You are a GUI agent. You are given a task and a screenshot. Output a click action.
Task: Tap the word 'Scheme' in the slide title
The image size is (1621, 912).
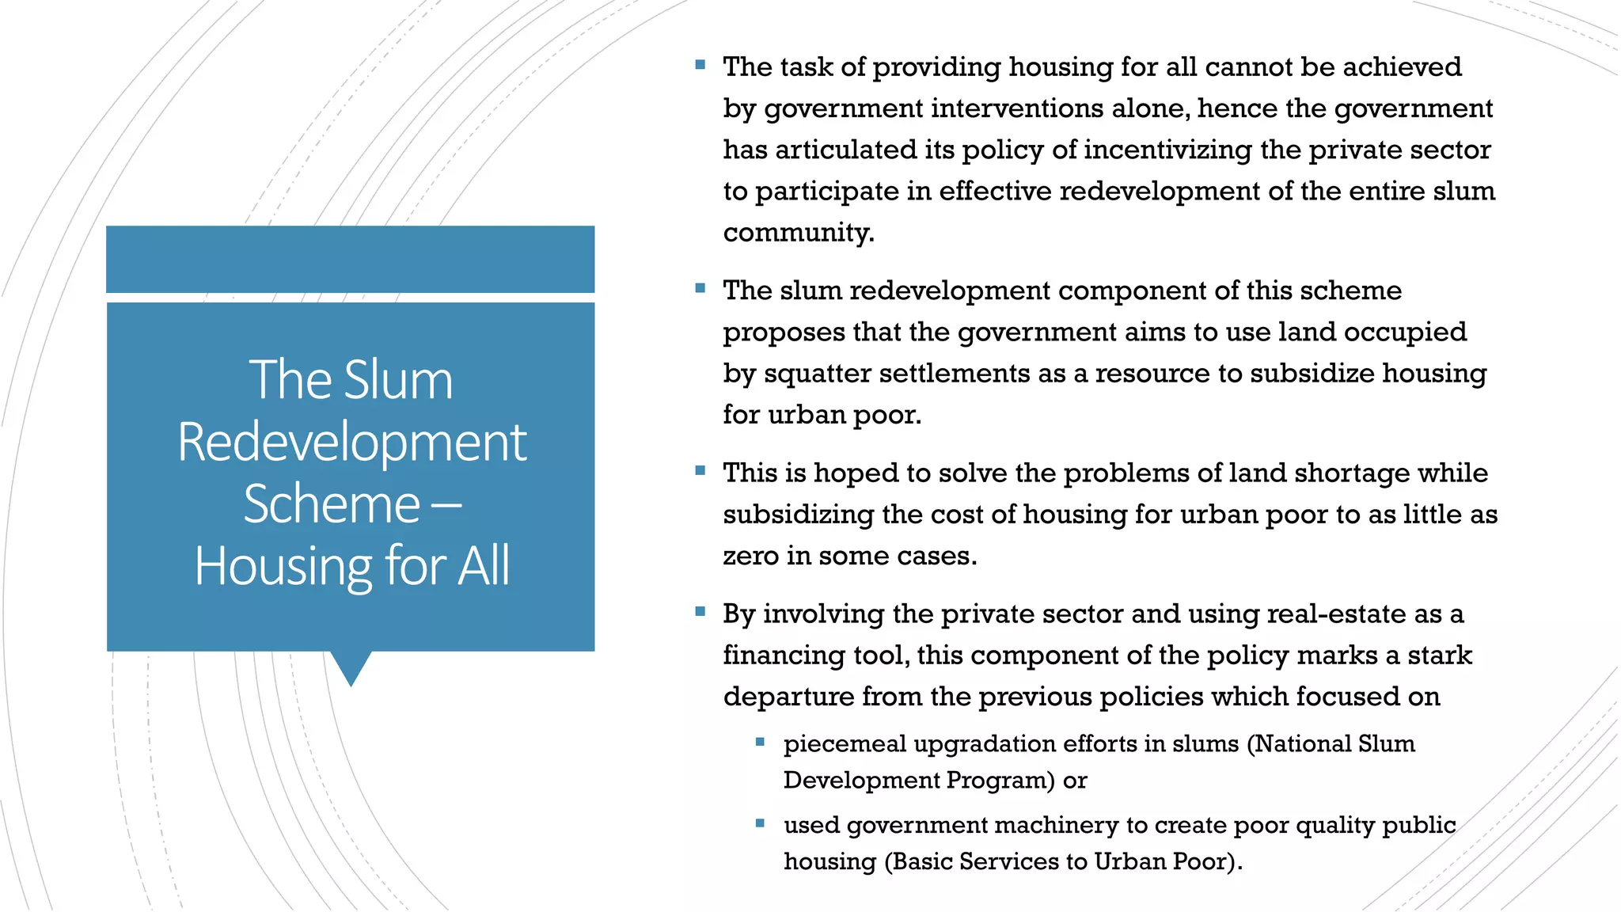332,504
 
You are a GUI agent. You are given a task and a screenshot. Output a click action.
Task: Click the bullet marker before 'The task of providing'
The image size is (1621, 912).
700,65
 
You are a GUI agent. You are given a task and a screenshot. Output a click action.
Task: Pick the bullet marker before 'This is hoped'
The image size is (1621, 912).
700,471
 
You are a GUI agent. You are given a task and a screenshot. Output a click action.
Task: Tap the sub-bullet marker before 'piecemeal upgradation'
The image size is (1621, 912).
760,742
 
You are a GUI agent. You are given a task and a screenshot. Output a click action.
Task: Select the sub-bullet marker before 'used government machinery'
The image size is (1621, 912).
760,823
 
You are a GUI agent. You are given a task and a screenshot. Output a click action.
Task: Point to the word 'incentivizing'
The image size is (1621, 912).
1167,150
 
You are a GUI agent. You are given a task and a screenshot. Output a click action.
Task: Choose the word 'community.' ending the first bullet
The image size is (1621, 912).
799,233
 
